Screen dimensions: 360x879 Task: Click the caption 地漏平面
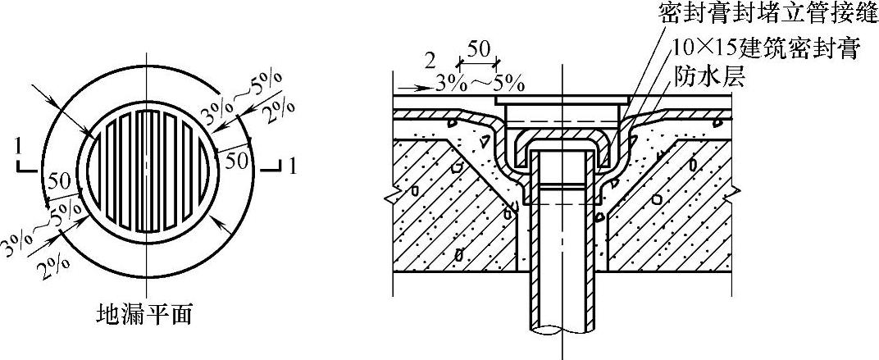(145, 314)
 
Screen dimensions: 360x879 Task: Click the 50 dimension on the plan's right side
(236, 160)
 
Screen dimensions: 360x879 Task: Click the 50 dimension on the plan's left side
(57, 181)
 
